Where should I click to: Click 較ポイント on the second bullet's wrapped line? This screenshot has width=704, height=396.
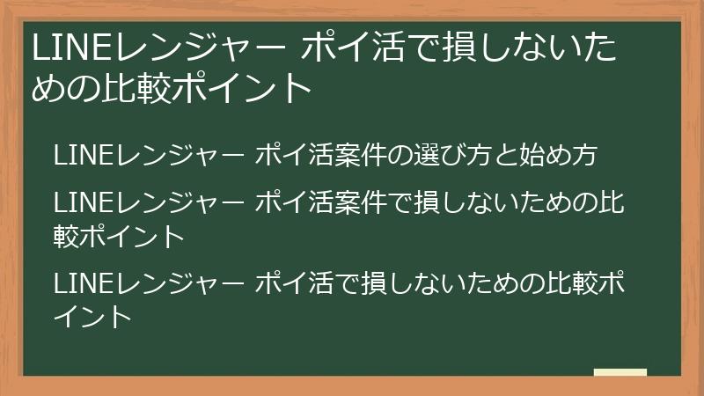[x=120, y=236]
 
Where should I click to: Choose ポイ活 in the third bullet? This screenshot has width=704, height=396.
[x=295, y=283]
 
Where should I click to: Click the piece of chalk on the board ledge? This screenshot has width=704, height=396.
[x=620, y=373]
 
